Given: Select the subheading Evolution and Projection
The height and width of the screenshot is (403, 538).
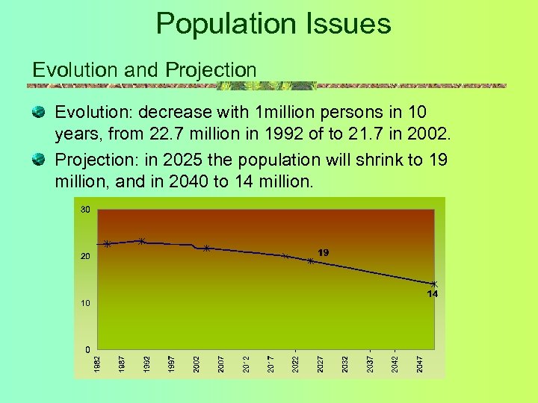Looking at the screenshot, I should click(x=144, y=69).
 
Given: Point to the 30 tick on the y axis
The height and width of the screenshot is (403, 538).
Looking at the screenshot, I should click(x=85, y=210).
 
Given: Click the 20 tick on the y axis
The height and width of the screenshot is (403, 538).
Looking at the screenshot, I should click(x=85, y=257).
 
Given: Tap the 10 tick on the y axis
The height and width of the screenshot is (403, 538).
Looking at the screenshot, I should click(x=85, y=304).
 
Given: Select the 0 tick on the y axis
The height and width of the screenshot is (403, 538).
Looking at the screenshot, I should click(x=87, y=349).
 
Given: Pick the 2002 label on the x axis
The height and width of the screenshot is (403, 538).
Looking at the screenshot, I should click(x=197, y=364).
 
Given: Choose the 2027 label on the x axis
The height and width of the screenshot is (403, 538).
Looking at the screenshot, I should click(x=320, y=364).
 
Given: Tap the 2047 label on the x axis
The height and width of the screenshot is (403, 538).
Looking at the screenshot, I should click(x=419, y=364).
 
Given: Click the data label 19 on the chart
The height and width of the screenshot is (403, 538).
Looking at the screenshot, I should click(x=324, y=254).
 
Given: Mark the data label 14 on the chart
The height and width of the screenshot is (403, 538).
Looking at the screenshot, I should click(x=432, y=294).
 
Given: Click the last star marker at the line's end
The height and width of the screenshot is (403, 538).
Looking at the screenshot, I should click(x=433, y=284).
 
